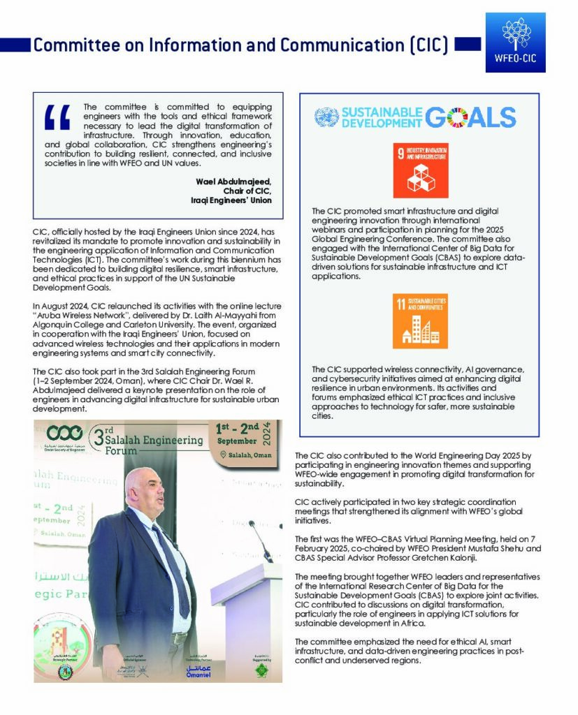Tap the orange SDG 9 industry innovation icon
pyautogui.click(x=421, y=171)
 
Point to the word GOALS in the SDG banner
pyautogui.click(x=470, y=117)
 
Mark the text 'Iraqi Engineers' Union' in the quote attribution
pyautogui.click(x=231, y=200)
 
